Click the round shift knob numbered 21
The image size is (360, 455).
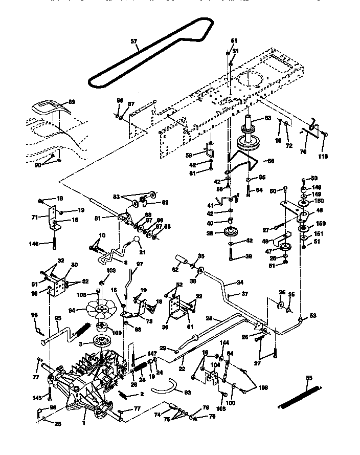click(138, 241)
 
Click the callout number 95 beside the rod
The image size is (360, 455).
click(58, 318)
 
